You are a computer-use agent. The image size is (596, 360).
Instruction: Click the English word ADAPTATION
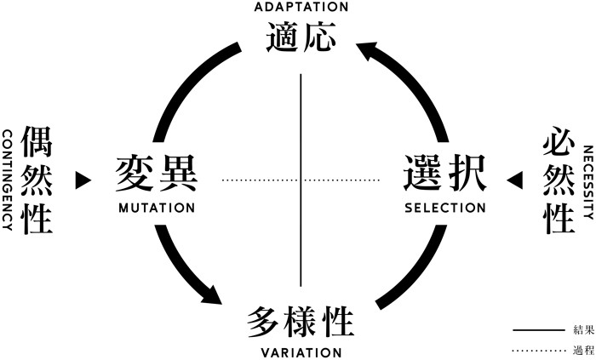tap(301, 7)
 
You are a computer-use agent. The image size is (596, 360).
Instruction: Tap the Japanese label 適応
tap(301, 38)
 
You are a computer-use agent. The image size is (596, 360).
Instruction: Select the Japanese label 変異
tap(157, 175)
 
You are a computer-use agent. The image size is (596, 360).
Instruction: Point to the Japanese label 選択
tap(444, 175)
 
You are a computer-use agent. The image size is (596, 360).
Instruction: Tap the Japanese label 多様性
tap(301, 323)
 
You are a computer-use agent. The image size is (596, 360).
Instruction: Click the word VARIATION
tap(301, 352)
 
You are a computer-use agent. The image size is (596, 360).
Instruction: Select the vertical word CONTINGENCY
tap(7, 180)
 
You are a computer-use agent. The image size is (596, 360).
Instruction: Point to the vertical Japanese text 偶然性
tap(38, 180)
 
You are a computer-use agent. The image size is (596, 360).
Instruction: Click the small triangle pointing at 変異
tap(83, 180)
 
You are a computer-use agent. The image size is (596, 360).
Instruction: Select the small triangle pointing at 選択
tap(514, 180)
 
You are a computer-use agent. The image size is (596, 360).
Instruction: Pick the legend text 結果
tap(583, 329)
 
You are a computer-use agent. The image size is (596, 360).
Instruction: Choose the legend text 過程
tap(583, 350)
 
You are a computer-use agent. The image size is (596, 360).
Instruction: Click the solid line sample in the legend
tap(540, 329)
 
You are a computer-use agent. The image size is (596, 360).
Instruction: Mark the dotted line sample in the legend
tap(540, 350)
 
